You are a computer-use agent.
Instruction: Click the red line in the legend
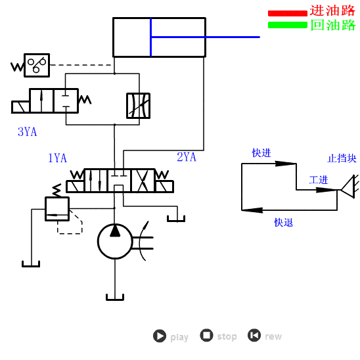point(287,12)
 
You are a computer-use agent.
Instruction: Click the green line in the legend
point(287,25)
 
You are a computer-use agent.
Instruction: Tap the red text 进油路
point(332,11)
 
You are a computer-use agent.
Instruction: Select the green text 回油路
point(332,25)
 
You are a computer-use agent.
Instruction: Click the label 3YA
point(27,131)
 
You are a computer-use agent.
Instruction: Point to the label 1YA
point(57,158)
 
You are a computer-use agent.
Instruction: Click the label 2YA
point(187,156)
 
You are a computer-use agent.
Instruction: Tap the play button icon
point(160,336)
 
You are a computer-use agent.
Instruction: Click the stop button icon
point(207,336)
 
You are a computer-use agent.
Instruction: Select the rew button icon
point(254,336)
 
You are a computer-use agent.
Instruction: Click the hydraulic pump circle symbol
point(115,241)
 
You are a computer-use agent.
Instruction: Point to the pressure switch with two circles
point(36,64)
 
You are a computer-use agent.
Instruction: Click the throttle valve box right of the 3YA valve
point(138,106)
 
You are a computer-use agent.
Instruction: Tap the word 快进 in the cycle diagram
point(261,153)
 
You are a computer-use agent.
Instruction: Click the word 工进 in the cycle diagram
point(319,180)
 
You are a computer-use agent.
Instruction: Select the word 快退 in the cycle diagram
point(284,223)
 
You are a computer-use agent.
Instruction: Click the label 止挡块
point(342,158)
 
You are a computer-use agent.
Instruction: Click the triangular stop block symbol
point(348,191)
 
